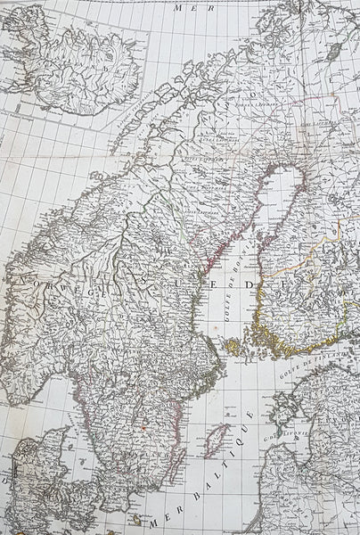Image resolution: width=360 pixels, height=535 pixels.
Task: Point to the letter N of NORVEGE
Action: tap(19, 279)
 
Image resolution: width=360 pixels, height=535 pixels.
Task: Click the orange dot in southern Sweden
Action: tap(143, 426)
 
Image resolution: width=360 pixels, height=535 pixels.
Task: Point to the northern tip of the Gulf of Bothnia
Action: tap(283, 169)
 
